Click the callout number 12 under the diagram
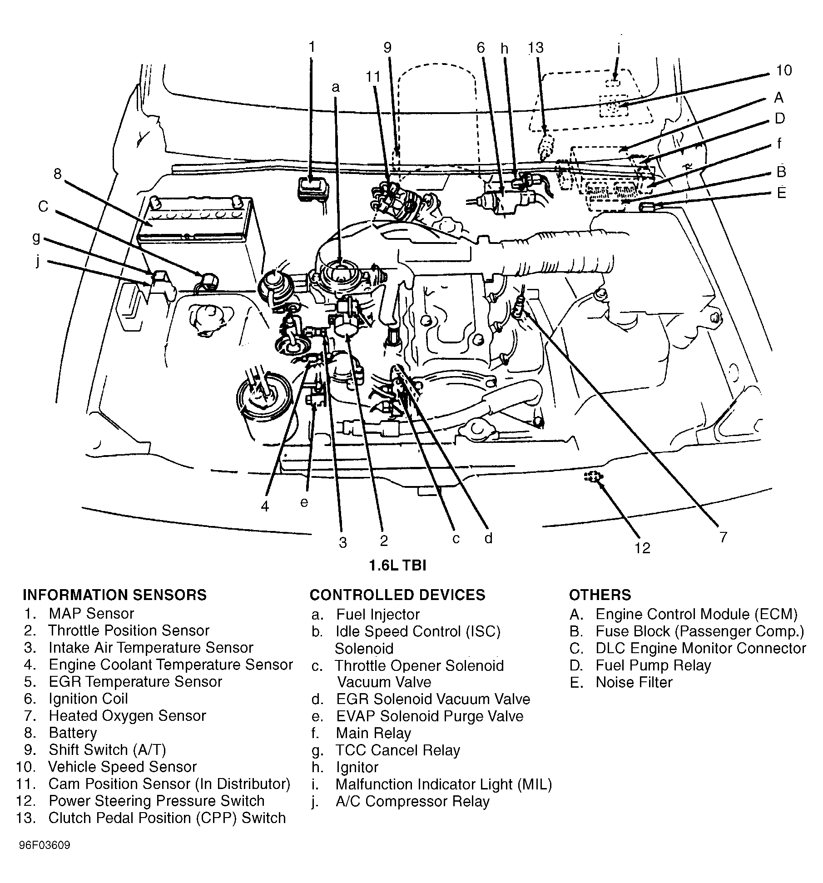(643, 548)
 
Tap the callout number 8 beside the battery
(57, 174)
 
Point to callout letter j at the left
(38, 261)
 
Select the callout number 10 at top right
(783, 70)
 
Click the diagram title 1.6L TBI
(397, 566)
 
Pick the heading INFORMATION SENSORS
(114, 595)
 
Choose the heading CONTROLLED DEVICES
(397, 595)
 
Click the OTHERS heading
(600, 595)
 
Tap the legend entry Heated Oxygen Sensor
(127, 716)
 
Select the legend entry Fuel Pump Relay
(653, 665)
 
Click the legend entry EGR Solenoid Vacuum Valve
(433, 699)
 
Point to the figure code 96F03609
(45, 846)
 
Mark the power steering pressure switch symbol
(592, 476)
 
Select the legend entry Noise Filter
(634, 682)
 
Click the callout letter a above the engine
(336, 87)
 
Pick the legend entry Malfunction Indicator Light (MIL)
(443, 784)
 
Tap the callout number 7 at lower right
(723, 537)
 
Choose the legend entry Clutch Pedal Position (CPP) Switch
(167, 818)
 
